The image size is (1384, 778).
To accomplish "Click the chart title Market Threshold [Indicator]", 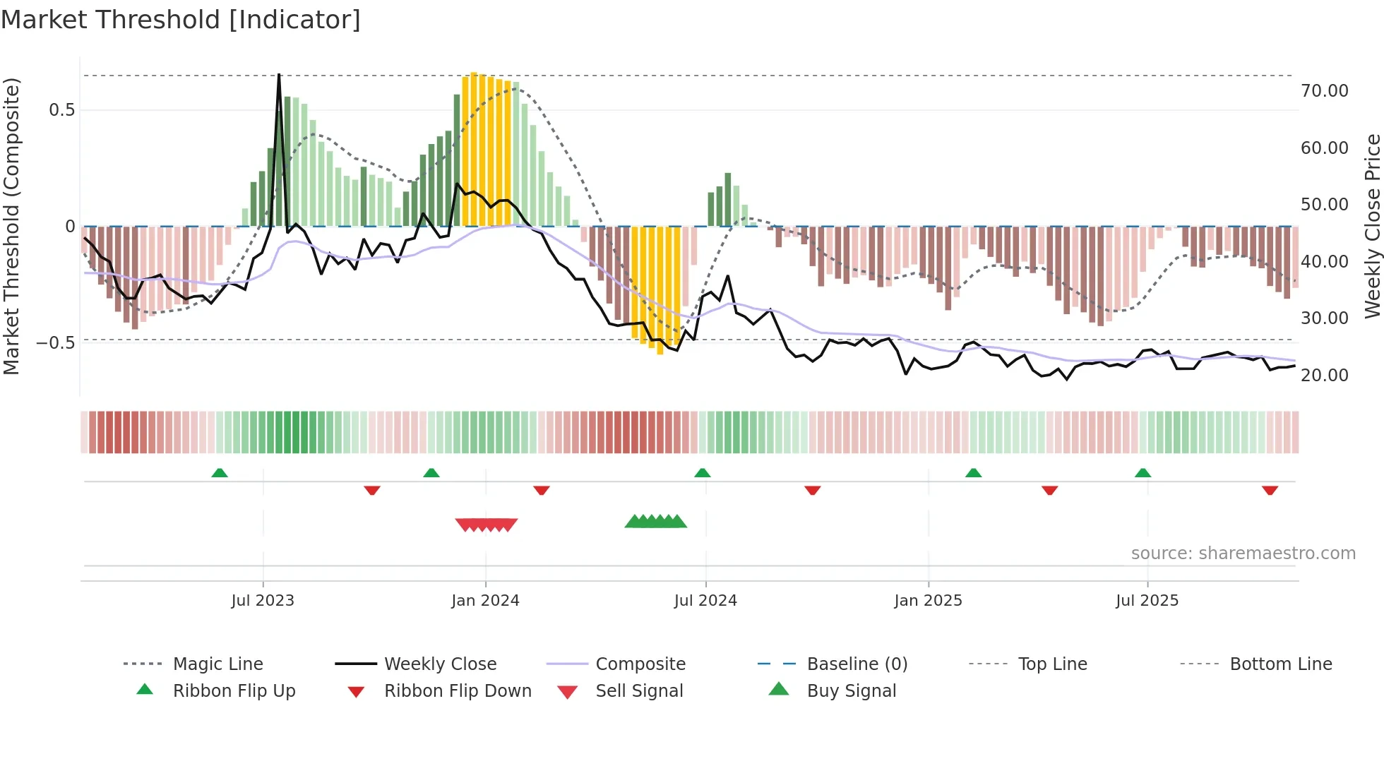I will pyautogui.click(x=181, y=20).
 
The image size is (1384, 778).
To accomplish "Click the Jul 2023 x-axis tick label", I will pyautogui.click(x=263, y=601).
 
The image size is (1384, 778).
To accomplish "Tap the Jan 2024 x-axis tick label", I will pyautogui.click(x=485, y=601).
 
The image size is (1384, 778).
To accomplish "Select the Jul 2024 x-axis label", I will pyautogui.click(x=705, y=601).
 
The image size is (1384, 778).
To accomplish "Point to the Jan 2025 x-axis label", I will pyautogui.click(x=928, y=601).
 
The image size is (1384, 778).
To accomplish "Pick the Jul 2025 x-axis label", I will pyautogui.click(x=1147, y=601).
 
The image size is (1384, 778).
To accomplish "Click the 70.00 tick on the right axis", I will pyautogui.click(x=1324, y=91).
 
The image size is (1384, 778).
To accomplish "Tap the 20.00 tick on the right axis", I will pyautogui.click(x=1324, y=376).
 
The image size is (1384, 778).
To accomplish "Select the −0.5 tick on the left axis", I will pyautogui.click(x=56, y=343).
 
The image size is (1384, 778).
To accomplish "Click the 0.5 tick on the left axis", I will pyautogui.click(x=61, y=110).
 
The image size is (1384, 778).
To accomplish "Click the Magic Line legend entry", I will pyautogui.click(x=217, y=664).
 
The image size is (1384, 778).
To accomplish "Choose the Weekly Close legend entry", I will pyautogui.click(x=440, y=664).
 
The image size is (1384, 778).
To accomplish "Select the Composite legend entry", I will pyautogui.click(x=640, y=664).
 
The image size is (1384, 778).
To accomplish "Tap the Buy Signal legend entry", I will pyautogui.click(x=851, y=691).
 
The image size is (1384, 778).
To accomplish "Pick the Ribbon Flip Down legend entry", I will pyautogui.click(x=457, y=691).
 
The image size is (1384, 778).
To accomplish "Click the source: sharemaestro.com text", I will pyautogui.click(x=1243, y=553).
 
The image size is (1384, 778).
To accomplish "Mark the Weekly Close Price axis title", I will pyautogui.click(x=1372, y=226).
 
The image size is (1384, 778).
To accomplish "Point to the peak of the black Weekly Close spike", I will pyautogui.click(x=279, y=74).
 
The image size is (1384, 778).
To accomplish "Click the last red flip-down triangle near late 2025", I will pyautogui.click(x=1270, y=490).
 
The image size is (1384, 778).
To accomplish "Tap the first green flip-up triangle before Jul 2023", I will pyautogui.click(x=220, y=473).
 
